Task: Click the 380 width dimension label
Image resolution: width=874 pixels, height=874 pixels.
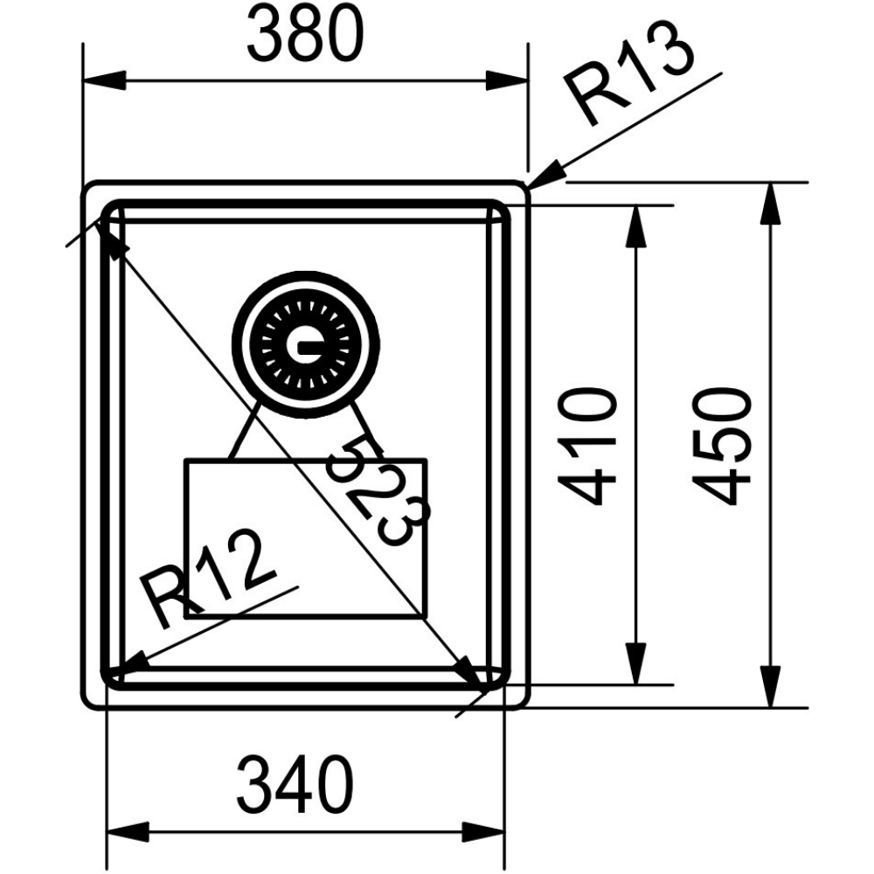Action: point(305,35)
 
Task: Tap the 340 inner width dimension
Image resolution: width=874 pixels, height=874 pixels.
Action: point(295,784)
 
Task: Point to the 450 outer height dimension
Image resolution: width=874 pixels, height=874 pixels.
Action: point(724,447)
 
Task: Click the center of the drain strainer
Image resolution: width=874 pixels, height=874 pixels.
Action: point(305,346)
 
